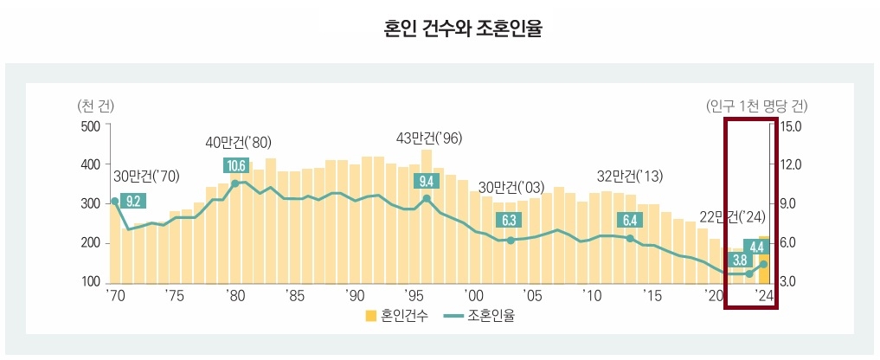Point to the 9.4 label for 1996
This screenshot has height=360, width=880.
pos(427,181)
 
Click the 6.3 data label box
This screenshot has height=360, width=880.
pos(510,220)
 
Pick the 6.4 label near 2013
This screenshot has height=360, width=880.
pos(629,220)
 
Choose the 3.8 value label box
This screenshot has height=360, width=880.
pos(740,260)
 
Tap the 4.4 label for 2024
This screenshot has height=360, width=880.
pos(756,247)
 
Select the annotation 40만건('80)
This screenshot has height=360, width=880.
pos(238,142)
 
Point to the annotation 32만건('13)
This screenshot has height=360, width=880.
pos(630,177)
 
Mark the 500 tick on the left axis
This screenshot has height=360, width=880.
pos(90,125)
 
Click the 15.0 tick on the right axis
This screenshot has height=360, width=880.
pos(791,125)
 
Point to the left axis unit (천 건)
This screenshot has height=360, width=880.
pos(95,106)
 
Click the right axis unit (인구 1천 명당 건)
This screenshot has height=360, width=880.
pos(757,106)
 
